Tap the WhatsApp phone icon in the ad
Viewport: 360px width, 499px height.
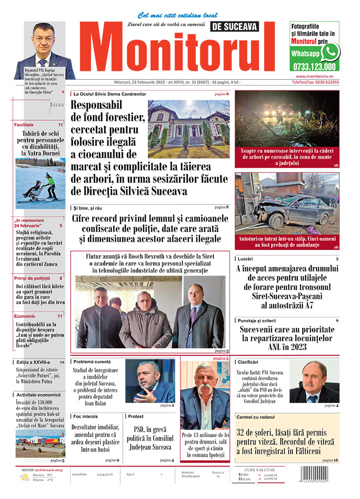(330, 52)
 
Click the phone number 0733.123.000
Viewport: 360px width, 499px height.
(314, 66)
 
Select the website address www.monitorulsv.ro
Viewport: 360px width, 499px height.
(314, 76)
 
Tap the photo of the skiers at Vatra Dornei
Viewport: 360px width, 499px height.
(40, 183)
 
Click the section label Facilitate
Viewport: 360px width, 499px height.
(24, 125)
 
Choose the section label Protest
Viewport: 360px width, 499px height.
(136, 416)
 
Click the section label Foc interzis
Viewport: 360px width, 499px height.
(85, 416)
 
